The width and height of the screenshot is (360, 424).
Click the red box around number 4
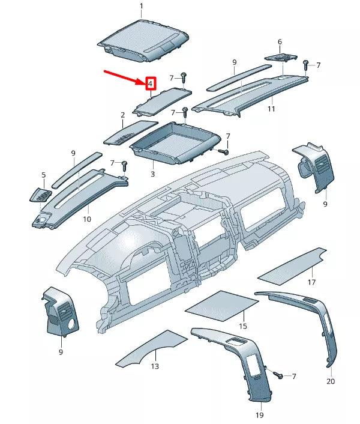(150, 83)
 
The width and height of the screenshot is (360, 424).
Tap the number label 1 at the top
(142, 7)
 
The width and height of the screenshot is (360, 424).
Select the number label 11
(271, 109)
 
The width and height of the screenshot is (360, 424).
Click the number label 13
(155, 366)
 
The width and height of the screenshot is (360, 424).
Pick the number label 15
(243, 326)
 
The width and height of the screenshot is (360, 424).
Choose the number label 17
(311, 282)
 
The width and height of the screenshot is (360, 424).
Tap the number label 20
(331, 381)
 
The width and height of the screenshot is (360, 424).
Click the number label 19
(260, 414)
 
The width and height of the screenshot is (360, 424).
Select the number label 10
(87, 219)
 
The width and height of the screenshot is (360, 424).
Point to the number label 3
(152, 174)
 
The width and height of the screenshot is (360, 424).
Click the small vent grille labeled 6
(281, 57)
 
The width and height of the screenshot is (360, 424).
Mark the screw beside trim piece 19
(278, 375)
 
